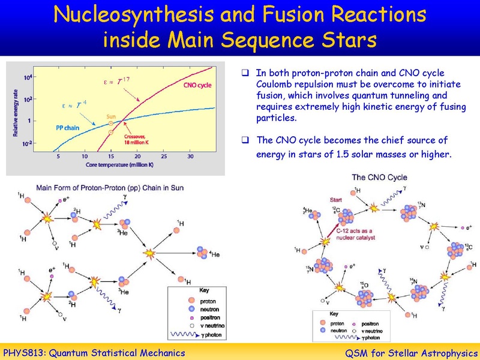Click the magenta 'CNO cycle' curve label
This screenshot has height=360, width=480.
pos(196,85)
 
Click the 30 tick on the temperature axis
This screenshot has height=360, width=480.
pos(190,157)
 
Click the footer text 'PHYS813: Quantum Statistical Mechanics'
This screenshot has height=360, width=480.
pos(95,352)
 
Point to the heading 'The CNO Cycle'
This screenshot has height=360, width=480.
pos(379,178)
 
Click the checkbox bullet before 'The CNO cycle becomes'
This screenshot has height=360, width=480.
pos(245,140)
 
